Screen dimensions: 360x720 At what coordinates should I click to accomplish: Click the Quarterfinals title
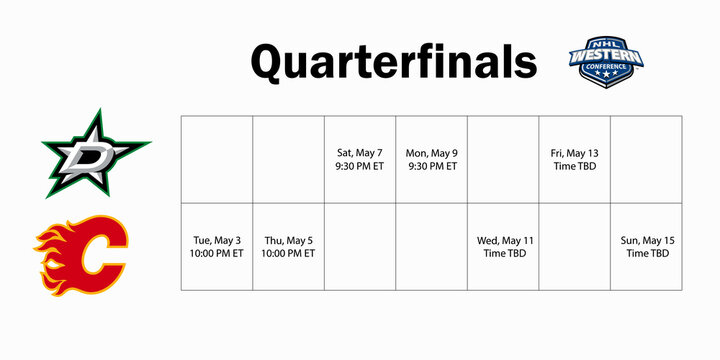[x=393, y=61]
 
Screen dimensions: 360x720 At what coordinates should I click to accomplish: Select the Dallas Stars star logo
[x=96, y=153]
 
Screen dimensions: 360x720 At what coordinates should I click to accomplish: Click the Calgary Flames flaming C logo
[x=83, y=249]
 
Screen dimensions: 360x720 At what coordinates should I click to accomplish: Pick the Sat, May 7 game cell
[x=360, y=159]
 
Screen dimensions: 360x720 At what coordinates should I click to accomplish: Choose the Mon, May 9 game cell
[x=432, y=159]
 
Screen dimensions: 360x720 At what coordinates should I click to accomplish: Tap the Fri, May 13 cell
[x=574, y=159]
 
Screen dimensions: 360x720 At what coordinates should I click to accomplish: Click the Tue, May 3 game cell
[x=217, y=247]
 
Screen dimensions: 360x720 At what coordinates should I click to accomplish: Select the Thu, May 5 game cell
[x=288, y=247]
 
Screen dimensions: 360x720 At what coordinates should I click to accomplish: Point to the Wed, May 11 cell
[x=503, y=247]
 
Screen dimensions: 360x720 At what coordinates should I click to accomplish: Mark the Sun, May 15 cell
[x=646, y=247]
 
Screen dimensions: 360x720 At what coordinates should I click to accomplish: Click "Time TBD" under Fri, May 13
[x=574, y=166]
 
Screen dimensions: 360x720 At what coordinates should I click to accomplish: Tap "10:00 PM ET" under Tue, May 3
[x=217, y=254]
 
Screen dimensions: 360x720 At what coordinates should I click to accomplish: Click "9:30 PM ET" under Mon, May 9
[x=432, y=166]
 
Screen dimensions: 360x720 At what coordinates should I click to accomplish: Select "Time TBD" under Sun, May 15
[x=646, y=254]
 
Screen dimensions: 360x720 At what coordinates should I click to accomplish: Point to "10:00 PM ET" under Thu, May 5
[x=288, y=254]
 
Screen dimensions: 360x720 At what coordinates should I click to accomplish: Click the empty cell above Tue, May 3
[x=217, y=159]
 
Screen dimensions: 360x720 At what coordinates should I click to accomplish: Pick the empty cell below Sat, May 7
[x=360, y=247]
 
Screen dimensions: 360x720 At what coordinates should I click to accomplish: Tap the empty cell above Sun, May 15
[x=646, y=159]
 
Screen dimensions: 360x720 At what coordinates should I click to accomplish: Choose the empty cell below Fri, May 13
[x=574, y=247]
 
